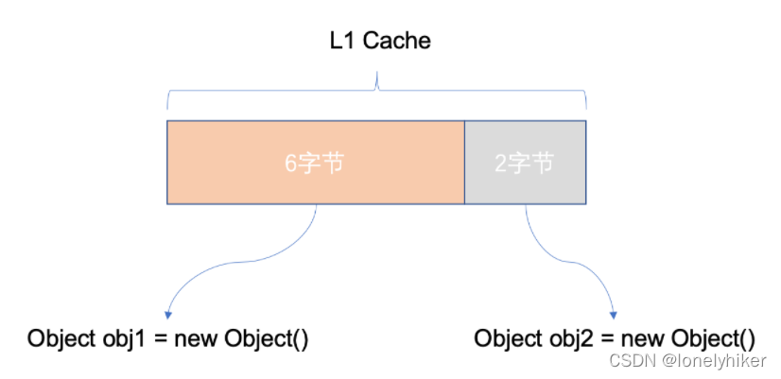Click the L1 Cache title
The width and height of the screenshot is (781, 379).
[377, 42]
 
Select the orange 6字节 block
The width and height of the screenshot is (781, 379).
[316, 163]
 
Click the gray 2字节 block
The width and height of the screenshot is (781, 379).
[525, 163]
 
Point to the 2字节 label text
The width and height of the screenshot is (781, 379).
[524, 164]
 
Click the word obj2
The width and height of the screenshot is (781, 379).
[567, 339]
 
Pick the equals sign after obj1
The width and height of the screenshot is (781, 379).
[159, 339]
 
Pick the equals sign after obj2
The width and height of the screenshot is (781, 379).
[606, 339]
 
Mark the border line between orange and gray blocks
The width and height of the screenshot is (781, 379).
[464, 163]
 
